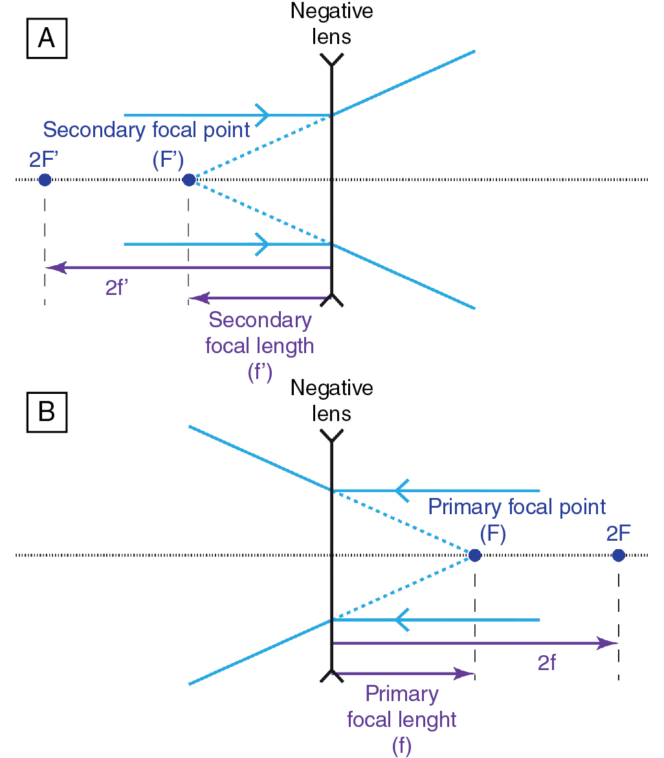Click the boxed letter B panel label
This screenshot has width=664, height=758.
(47, 413)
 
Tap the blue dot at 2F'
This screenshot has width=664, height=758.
(45, 180)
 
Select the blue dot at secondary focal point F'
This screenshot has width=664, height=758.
(188, 180)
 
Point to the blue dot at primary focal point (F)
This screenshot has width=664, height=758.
(474, 555)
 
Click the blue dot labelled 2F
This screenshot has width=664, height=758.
(618, 555)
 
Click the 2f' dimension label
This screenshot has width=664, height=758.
(120, 288)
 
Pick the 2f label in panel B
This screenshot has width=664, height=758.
(547, 663)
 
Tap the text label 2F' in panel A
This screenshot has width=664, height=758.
(45, 159)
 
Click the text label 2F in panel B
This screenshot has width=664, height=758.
(619, 534)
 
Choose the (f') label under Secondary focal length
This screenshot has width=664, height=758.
(260, 371)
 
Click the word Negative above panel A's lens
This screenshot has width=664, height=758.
(331, 11)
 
